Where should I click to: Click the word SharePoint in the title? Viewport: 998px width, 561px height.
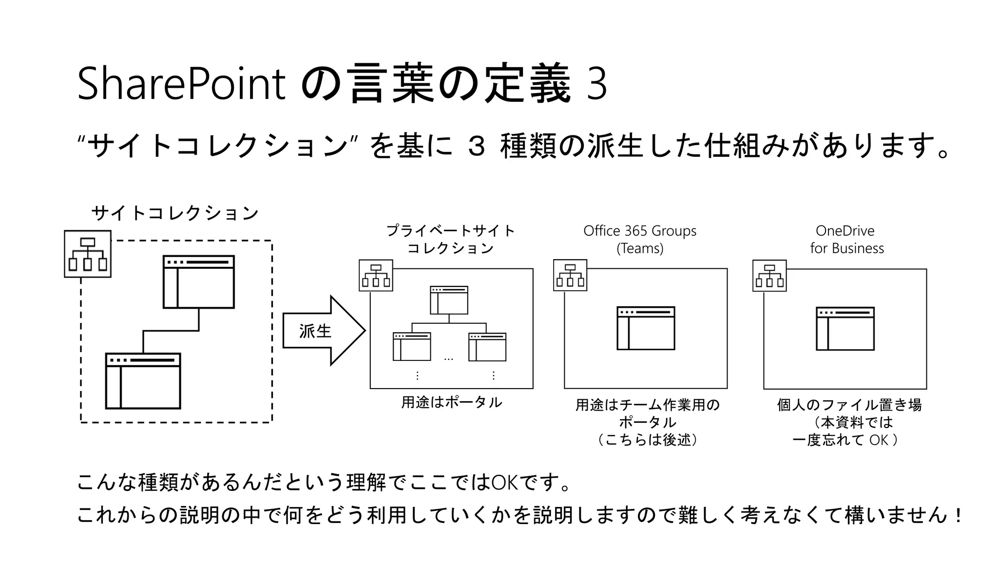tap(181, 84)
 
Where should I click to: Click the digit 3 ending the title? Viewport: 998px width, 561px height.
tap(597, 84)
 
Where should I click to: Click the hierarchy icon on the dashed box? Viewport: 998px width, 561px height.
tap(88, 254)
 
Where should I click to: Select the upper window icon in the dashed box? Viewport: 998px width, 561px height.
tap(199, 282)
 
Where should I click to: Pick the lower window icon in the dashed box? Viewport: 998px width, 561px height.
tap(143, 381)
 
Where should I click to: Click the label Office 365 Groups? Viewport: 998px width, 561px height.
tap(640, 231)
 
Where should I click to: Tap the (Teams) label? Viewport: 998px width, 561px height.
tap(640, 248)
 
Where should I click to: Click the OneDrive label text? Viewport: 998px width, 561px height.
tap(845, 231)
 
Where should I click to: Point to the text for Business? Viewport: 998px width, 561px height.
tap(847, 248)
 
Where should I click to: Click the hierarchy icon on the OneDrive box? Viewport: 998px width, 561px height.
tap(769, 276)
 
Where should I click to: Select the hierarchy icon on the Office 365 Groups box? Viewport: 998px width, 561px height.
tap(570, 276)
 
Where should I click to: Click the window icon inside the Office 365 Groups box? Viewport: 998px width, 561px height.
tap(646, 328)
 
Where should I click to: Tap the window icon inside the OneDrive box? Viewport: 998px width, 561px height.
tap(845, 329)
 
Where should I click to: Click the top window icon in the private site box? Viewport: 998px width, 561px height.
tap(449, 300)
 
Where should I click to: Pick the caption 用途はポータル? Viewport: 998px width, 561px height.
tap(452, 402)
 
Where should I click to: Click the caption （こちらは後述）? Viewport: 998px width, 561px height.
tap(647, 440)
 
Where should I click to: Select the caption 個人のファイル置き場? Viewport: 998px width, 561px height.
tap(849, 405)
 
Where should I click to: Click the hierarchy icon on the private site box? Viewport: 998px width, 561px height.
tap(376, 276)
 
